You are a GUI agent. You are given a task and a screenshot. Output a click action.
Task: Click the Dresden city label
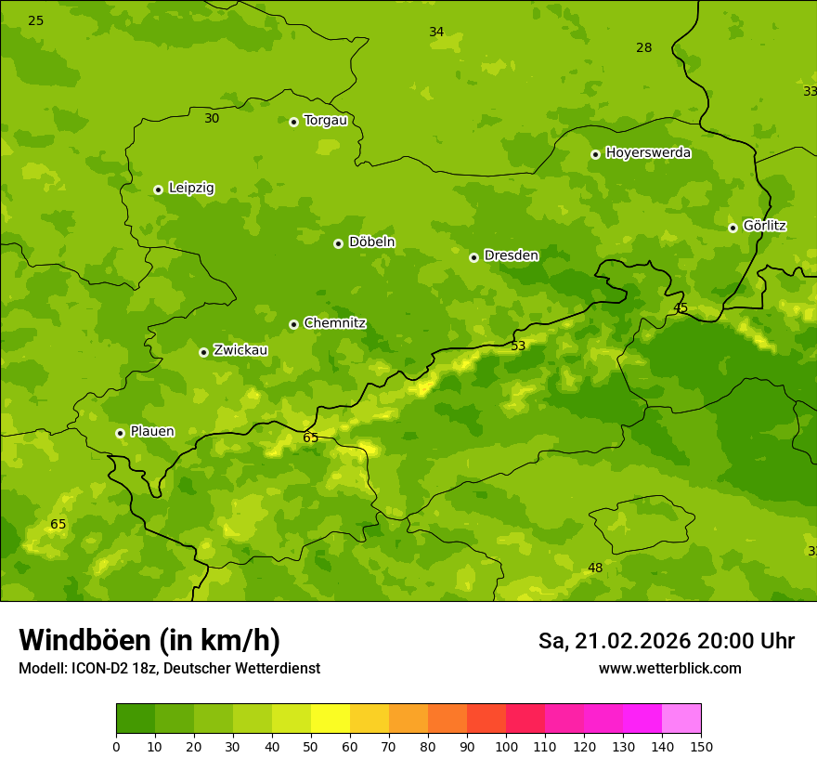[x=511, y=255]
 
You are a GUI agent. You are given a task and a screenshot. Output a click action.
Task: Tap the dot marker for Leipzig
[x=158, y=189]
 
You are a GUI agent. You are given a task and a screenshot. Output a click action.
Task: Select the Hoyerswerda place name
[x=648, y=153]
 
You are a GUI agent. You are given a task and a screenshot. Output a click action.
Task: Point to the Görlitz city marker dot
[x=733, y=228]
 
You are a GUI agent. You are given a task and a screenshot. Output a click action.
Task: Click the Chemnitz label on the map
[x=334, y=323]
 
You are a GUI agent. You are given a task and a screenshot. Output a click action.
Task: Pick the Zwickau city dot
[x=203, y=352]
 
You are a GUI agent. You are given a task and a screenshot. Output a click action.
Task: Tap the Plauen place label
[x=151, y=432]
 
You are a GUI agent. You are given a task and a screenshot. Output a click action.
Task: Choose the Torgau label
[x=325, y=120]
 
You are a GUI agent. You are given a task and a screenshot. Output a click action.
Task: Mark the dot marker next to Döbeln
[x=338, y=243]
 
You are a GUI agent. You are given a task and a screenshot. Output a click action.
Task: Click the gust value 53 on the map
[x=518, y=346]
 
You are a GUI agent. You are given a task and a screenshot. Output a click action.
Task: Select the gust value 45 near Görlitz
[x=681, y=308]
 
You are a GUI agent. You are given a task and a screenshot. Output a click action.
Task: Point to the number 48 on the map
[x=595, y=568]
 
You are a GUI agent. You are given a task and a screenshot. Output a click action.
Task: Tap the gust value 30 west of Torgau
[x=212, y=119]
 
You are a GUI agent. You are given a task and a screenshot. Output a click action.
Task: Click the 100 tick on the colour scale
[x=506, y=746]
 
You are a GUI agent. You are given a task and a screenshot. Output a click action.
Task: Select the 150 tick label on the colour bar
[x=701, y=746]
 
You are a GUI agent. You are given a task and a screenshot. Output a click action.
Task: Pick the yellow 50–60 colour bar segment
[x=331, y=719]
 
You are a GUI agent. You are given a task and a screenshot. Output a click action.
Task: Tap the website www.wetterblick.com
[x=669, y=669]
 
